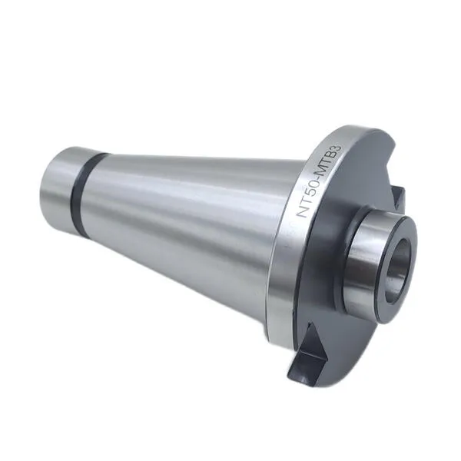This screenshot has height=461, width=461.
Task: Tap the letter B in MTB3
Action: coord(333,155)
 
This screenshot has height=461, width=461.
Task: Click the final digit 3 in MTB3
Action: coord(337,148)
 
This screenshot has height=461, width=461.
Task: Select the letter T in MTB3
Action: coord(328,162)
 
